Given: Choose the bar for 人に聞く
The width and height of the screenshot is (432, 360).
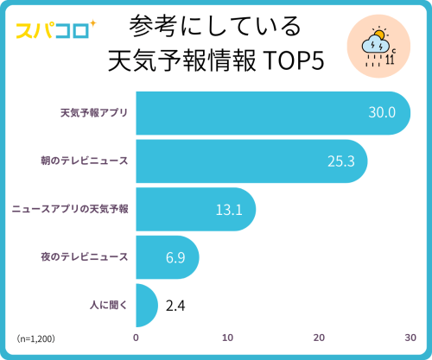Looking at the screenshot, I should coord(145,305).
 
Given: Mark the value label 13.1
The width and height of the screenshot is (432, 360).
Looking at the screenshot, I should coord(229,209).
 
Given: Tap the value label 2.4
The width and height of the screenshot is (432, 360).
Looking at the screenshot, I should coord(175,305).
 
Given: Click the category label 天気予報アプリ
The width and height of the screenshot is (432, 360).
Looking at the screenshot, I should coord(93,113).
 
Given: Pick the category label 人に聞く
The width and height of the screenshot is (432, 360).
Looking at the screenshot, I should coord(110,305).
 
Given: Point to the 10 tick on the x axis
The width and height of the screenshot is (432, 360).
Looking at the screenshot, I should coord(227,338).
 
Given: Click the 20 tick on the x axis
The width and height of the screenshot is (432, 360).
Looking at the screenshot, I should coord(319,338).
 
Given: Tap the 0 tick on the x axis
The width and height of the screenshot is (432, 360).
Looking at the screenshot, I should coord(136,338).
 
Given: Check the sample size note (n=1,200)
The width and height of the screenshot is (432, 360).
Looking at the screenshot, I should coord(35,338).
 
